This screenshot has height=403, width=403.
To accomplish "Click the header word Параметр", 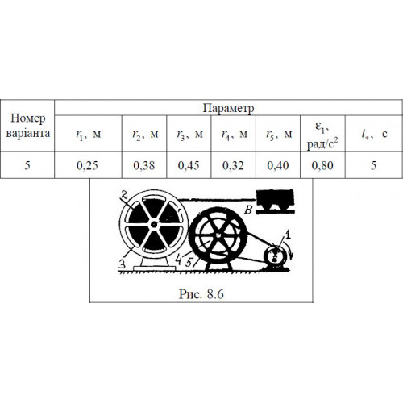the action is click(228, 108).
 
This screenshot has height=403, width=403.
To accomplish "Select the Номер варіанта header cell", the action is click(27, 126).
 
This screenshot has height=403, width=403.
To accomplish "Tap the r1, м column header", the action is click(88, 134).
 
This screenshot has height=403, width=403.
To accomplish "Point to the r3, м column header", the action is click(189, 134).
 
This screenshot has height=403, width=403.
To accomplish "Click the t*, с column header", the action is click(374, 134).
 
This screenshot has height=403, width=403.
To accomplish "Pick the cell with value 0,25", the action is click(87, 165).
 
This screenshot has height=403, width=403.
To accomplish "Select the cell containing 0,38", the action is click(144, 165).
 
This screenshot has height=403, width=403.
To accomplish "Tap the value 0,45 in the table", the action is click(189, 165).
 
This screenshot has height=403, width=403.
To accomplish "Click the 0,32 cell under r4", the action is click(233, 165).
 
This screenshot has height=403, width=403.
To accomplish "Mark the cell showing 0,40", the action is click(278, 165).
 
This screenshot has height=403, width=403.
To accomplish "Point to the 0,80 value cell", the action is click(322, 165).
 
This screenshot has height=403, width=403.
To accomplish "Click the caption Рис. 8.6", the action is click(201, 294).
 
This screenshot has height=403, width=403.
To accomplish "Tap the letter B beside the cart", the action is click(248, 210).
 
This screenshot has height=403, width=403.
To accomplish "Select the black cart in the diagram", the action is click(275, 200).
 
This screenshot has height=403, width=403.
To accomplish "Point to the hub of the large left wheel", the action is click(154, 224).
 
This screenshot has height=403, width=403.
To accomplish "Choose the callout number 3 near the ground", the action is click(123, 264).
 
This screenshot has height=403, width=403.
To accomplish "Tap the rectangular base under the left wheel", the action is click(155, 268).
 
